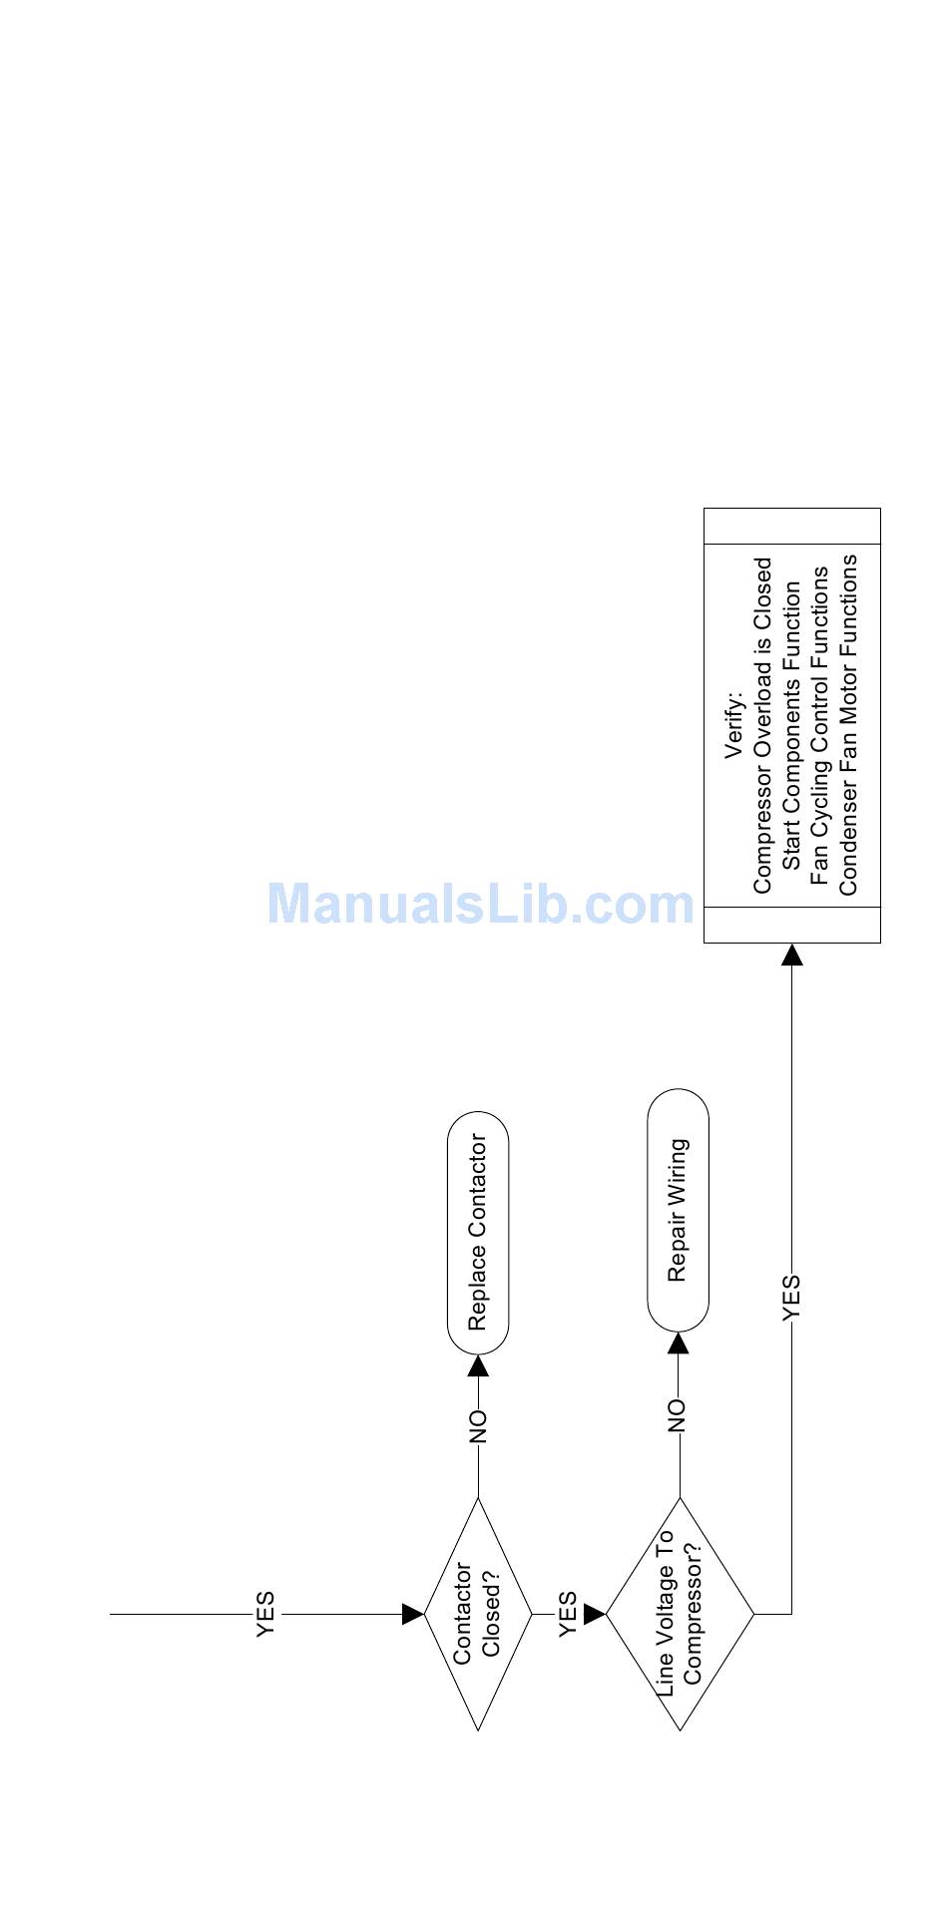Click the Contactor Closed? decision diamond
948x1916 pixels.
click(x=478, y=1613)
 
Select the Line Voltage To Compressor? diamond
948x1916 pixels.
click(x=680, y=1613)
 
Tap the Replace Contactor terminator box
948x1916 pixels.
click(x=478, y=1232)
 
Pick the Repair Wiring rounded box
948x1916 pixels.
click(x=678, y=1210)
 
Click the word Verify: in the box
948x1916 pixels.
click(x=734, y=725)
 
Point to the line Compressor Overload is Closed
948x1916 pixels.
click(x=762, y=725)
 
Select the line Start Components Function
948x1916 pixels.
click(x=791, y=725)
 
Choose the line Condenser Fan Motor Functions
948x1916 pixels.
click(x=848, y=725)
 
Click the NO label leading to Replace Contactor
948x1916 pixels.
click(x=478, y=1426)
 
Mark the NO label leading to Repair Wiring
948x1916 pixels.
click(x=678, y=1415)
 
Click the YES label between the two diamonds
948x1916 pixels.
click(x=568, y=1613)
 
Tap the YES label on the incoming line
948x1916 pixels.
click(x=265, y=1613)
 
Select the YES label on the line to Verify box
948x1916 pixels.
click(x=791, y=1297)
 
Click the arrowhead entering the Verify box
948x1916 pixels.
click(x=791, y=956)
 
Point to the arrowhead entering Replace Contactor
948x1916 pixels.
click(x=478, y=1365)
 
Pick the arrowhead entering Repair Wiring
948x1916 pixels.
click(x=678, y=1343)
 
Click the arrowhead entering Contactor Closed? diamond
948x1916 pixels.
click(x=412, y=1613)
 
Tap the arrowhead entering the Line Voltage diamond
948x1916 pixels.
click(x=595, y=1613)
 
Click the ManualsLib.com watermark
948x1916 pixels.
click(x=480, y=904)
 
